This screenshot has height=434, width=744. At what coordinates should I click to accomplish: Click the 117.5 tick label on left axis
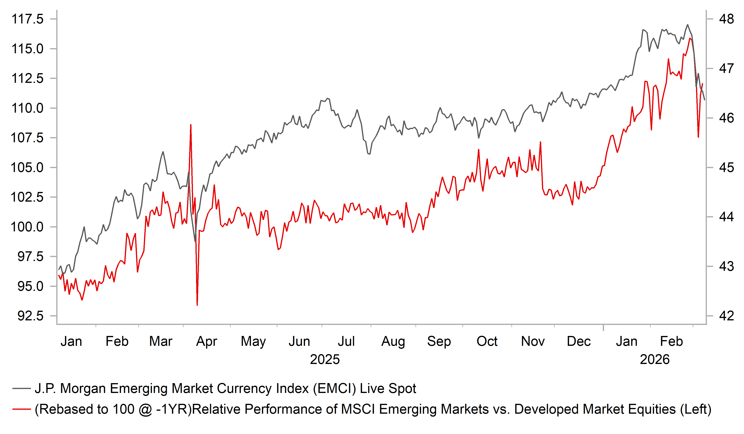pyautogui.click(x=27, y=19)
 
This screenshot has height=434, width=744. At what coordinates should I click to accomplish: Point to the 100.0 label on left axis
pyautogui.click(x=27, y=227)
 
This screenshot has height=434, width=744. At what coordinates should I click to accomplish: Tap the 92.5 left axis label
pyautogui.click(x=30, y=316)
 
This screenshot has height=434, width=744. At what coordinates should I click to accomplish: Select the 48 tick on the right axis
pyautogui.click(x=726, y=19)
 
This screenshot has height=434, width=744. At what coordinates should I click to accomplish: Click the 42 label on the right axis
pyautogui.click(x=726, y=316)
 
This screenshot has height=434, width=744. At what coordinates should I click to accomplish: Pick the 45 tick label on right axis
pyautogui.click(x=726, y=167)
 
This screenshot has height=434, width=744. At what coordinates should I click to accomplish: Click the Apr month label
pyautogui.click(x=206, y=341)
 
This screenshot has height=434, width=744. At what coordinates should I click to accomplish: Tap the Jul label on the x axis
pyautogui.click(x=346, y=341)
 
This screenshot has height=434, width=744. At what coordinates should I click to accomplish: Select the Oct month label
pyautogui.click(x=487, y=341)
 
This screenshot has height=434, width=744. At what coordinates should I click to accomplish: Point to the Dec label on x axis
pyautogui.click(x=579, y=341)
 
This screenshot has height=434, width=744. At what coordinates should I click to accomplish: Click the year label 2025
pyautogui.click(x=325, y=359)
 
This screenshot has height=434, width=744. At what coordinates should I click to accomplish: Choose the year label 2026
pyautogui.click(x=655, y=359)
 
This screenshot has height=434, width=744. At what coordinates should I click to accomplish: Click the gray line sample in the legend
pyautogui.click(x=22, y=389)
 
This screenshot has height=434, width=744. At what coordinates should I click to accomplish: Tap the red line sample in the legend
pyautogui.click(x=22, y=409)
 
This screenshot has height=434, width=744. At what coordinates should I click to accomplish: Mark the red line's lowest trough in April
pyautogui.click(x=197, y=305)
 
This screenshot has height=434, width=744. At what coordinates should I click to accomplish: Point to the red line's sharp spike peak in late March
pyautogui.click(x=191, y=125)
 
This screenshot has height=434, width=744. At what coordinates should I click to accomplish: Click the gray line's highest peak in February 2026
pyautogui.click(x=688, y=25)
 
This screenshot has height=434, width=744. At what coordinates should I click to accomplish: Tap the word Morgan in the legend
pyautogui.click(x=83, y=389)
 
